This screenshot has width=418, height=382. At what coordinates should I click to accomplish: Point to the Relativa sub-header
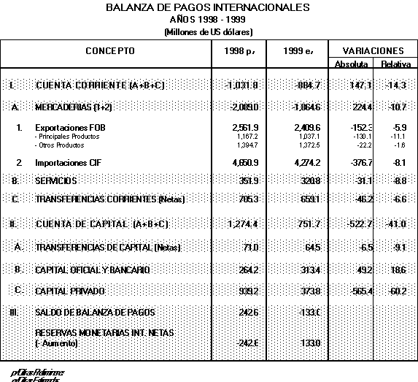(396, 64)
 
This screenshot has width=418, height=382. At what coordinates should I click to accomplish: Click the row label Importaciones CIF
(69, 161)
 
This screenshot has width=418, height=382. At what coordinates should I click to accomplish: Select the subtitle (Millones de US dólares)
(208, 32)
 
